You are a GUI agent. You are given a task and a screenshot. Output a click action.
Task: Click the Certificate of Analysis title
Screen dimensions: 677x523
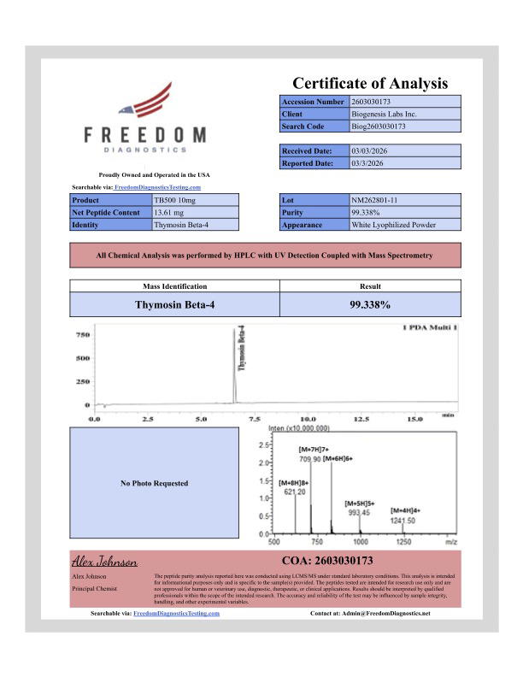tap(370, 83)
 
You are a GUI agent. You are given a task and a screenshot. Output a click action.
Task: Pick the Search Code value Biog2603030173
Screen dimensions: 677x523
tap(379, 127)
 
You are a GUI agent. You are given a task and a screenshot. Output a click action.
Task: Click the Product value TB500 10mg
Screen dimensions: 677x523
tap(174, 200)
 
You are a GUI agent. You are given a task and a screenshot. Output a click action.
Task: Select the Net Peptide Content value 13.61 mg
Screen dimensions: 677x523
tap(169, 212)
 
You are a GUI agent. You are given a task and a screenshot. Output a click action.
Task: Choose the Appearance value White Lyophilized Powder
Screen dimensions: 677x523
tap(394, 225)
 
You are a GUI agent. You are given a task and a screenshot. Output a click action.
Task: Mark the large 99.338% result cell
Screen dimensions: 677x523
tap(370, 304)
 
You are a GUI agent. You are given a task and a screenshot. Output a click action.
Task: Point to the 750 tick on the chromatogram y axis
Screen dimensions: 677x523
tap(83, 335)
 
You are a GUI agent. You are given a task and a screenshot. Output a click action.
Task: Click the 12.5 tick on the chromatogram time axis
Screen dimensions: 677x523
tap(361, 420)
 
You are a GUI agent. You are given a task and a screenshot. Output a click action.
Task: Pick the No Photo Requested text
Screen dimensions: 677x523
tap(155, 484)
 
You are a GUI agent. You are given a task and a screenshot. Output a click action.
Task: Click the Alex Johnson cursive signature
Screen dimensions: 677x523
tap(103, 562)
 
